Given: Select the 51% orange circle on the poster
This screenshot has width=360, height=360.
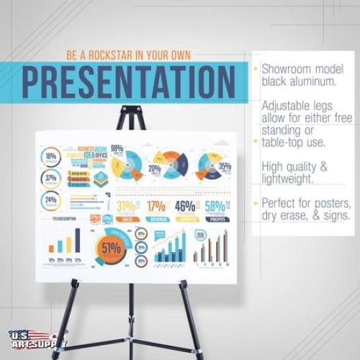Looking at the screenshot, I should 111,249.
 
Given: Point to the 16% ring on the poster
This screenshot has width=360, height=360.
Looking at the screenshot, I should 50,156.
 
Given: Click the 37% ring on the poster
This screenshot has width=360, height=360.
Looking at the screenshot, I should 50,178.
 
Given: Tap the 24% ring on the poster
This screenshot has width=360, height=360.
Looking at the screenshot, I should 50,200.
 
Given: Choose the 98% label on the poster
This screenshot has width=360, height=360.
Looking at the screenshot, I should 117,149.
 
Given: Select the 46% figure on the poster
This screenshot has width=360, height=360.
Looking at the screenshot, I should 185,207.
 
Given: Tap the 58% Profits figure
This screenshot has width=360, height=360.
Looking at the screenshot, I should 215,207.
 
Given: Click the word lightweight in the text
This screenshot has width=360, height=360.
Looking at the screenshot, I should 287,178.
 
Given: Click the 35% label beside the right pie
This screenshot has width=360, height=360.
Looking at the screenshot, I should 225,166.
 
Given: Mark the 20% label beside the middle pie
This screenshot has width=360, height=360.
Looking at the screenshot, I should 154,169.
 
